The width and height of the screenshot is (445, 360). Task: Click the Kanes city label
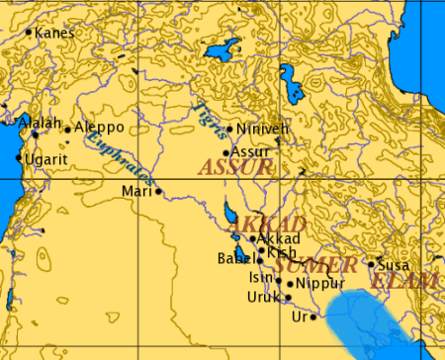coord(54,33)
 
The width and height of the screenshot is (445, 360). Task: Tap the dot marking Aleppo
coord(66,130)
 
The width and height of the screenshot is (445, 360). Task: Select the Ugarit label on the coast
coord(45,158)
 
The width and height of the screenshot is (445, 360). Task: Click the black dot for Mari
coord(157,191)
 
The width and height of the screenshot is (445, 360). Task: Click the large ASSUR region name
coord(235,168)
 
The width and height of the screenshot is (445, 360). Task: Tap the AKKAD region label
coord(253,225)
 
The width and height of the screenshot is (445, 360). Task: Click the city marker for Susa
coord(371,264)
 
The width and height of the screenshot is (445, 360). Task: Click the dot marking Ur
coord(312,317)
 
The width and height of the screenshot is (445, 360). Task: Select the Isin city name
coord(259,278)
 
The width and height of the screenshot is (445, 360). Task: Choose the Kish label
coord(280,253)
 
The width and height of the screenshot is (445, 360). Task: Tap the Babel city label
coord(235,259)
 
